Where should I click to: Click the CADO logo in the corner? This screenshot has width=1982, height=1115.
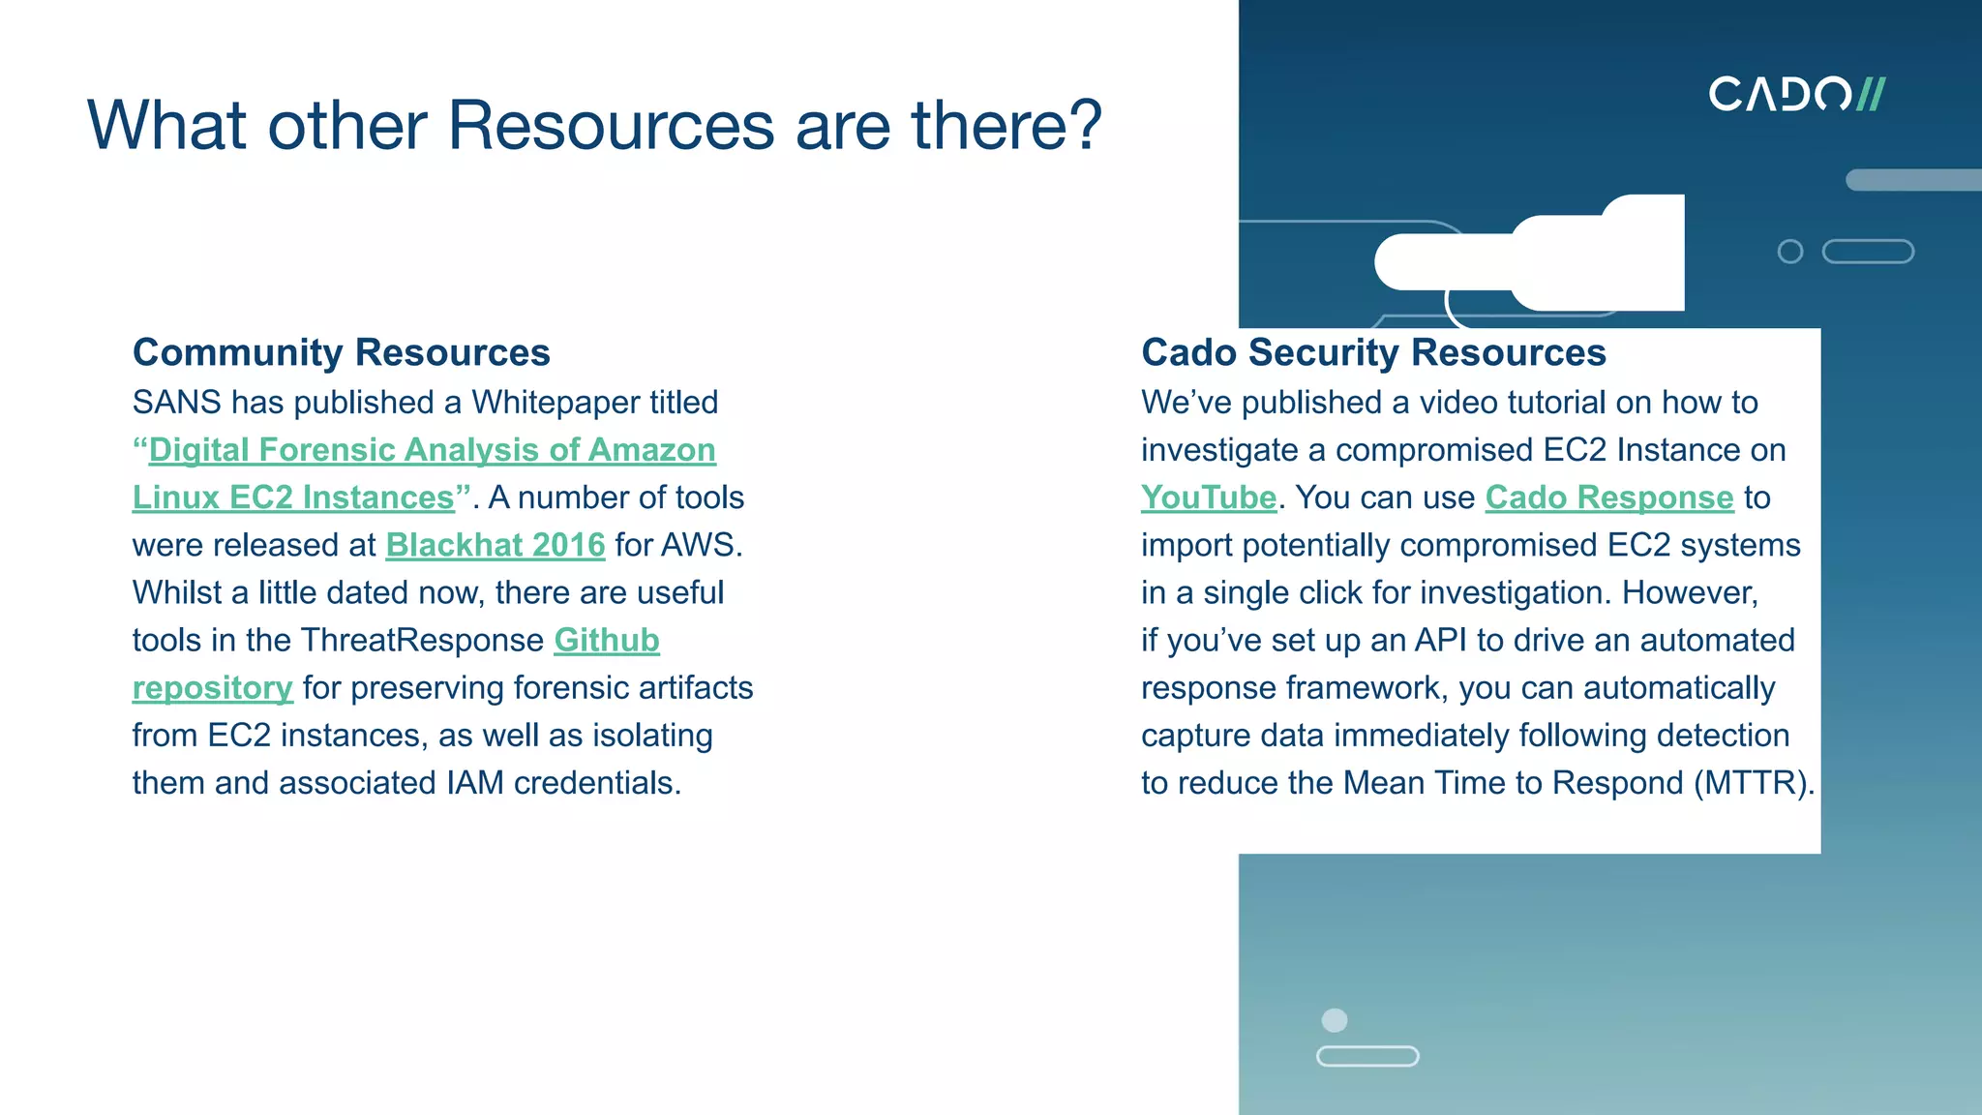(1795, 94)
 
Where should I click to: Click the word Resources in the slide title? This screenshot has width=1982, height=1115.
(611, 125)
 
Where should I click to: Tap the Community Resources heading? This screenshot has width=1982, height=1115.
(341, 352)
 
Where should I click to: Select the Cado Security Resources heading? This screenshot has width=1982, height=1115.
(1373, 352)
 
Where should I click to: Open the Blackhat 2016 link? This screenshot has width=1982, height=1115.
(495, 545)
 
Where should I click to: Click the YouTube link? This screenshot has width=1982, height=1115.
(1208, 497)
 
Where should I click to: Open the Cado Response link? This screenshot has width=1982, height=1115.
(1608, 497)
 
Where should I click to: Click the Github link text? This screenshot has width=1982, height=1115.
(606, 640)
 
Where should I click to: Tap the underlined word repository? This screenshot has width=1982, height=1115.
(212, 688)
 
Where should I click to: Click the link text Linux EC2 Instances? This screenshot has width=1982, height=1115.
(293, 497)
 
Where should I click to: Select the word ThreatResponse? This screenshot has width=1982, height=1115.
(422, 640)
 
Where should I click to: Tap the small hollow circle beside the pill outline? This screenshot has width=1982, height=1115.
(1789, 252)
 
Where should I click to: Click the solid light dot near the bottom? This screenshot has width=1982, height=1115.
(1334, 1020)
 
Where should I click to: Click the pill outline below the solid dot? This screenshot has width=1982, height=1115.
(1366, 1056)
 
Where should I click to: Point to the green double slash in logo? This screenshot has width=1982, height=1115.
(1870, 94)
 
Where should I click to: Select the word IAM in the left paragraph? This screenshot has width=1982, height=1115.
(475, 783)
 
